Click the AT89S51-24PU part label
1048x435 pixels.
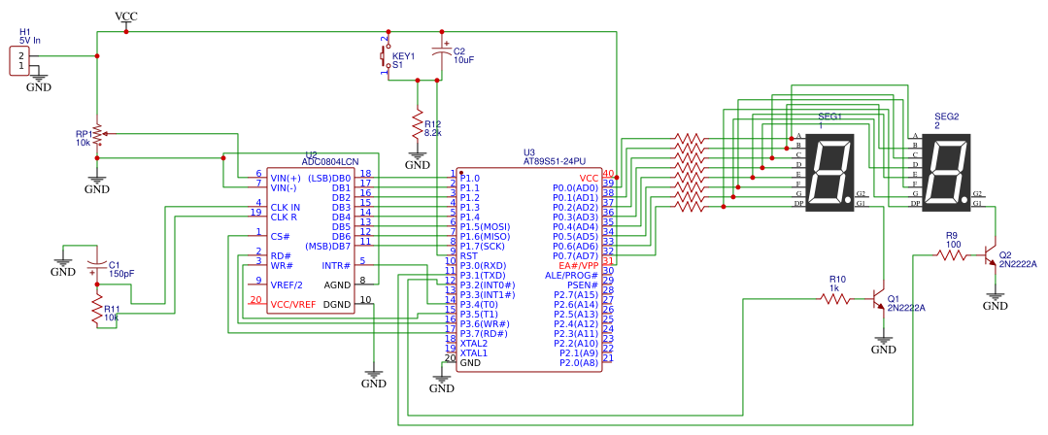coord(555,162)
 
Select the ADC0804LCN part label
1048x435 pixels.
coord(330,162)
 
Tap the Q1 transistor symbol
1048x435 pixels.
coord(880,300)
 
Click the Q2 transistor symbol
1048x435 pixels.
coord(991,255)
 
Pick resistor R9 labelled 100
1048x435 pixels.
coord(952,255)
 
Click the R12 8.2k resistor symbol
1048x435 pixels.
coord(418,126)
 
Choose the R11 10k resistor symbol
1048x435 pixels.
coord(97,311)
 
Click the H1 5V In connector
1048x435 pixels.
coord(20,60)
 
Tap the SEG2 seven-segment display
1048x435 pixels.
coord(945,172)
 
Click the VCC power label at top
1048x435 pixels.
coord(126,17)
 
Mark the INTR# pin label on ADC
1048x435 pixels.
coord(335,265)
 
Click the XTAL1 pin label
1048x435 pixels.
coord(474,352)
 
